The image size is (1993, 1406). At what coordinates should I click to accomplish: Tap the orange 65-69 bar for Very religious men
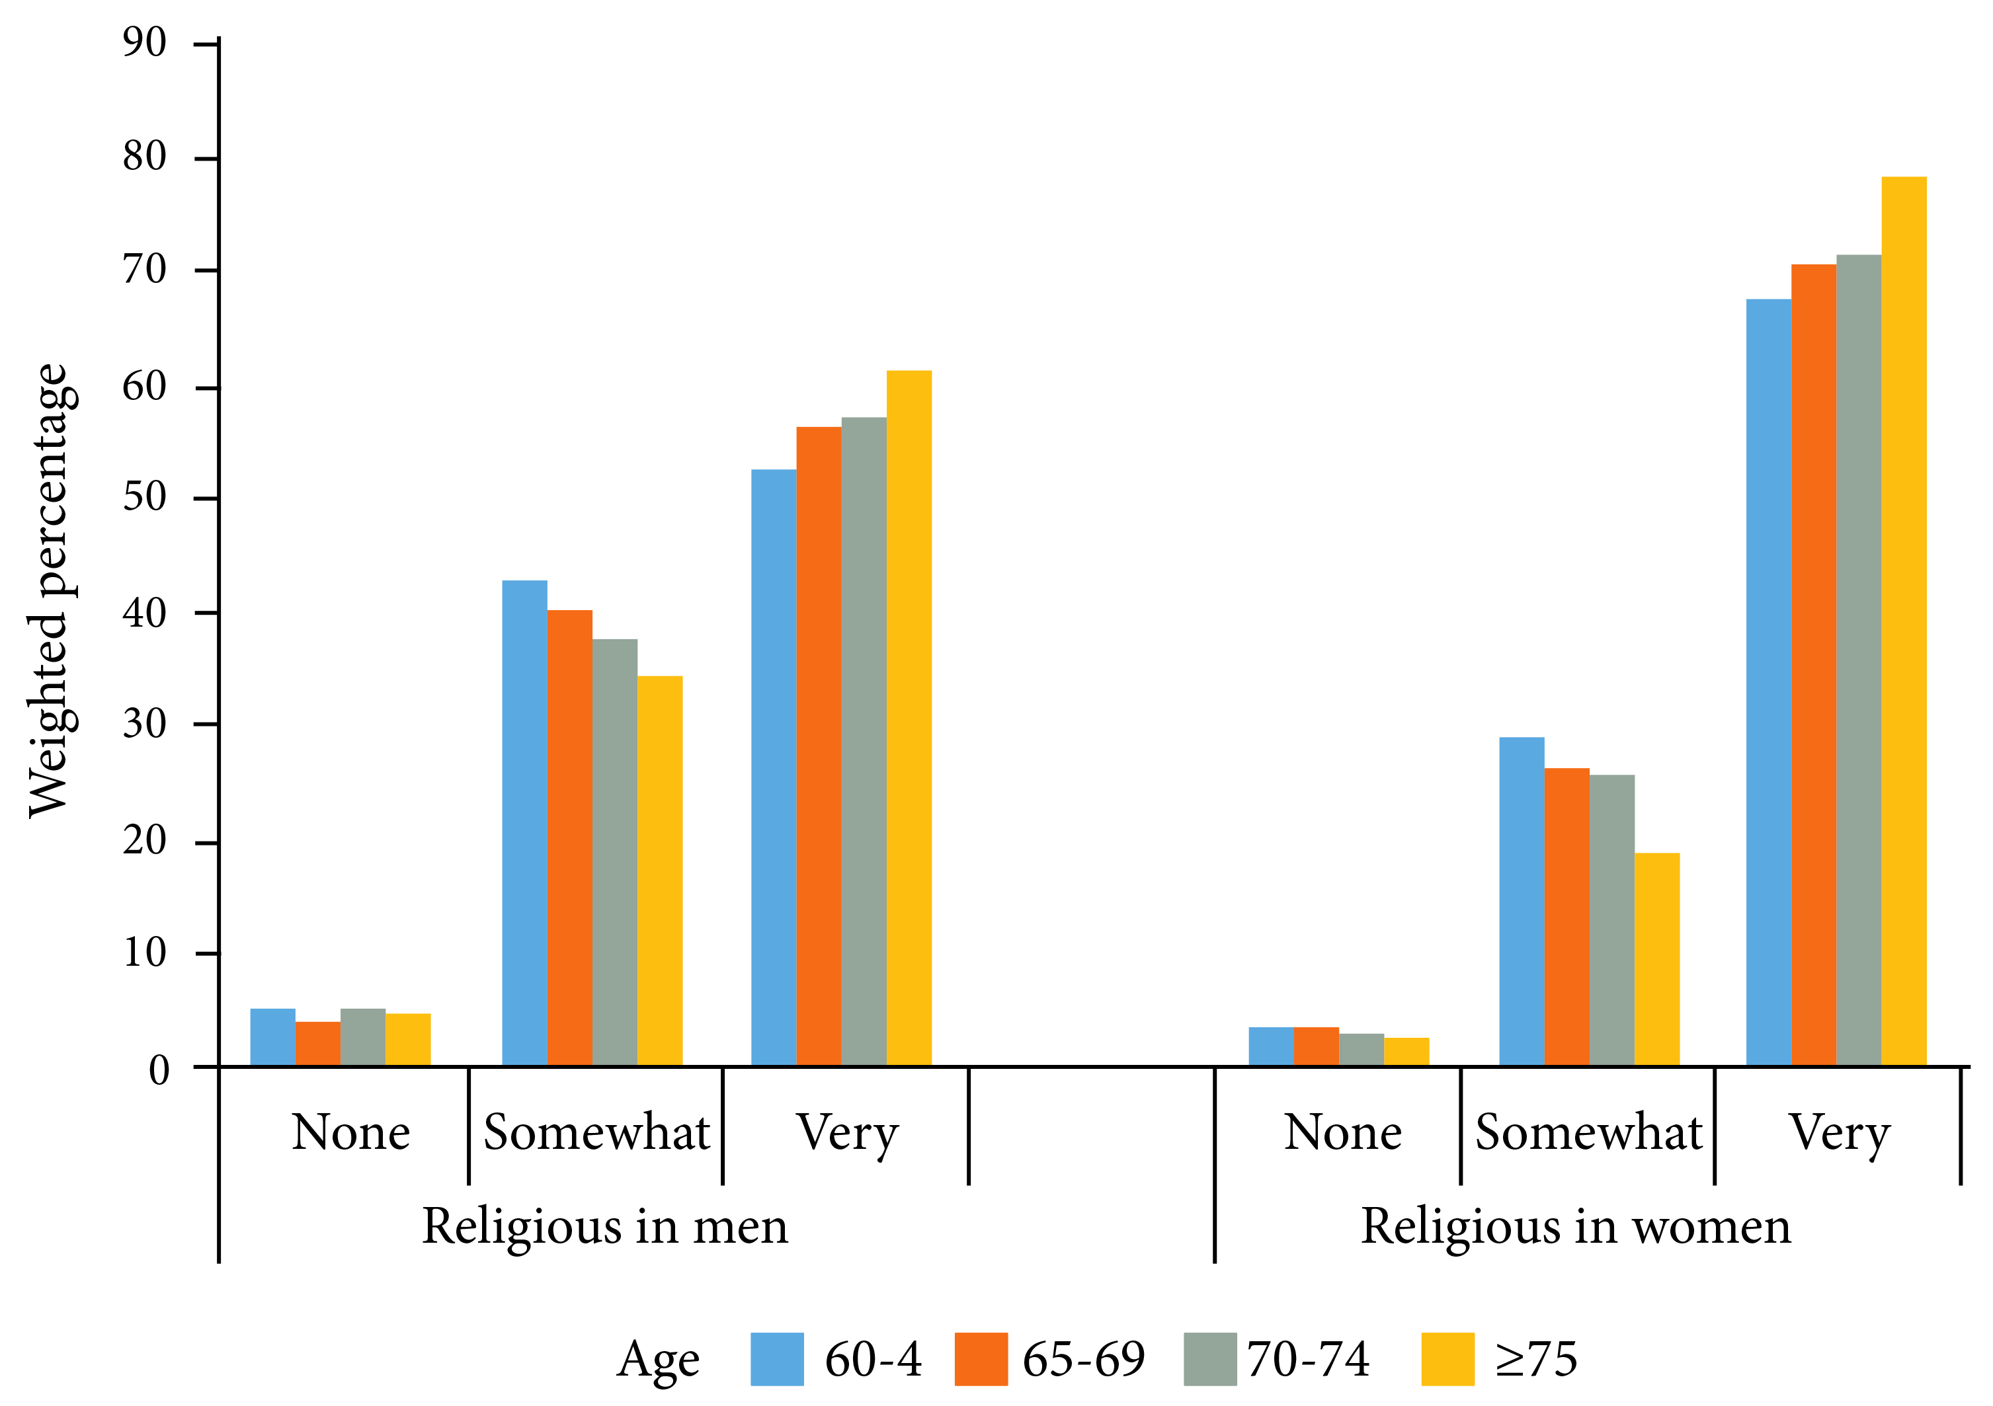click(818, 746)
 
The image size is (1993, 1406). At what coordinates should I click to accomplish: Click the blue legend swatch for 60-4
click(777, 1358)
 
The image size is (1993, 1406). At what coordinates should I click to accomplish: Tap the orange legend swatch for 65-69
click(981, 1358)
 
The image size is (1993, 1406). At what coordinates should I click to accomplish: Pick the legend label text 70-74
click(1308, 1359)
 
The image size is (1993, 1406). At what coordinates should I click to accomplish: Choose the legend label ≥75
click(1535, 1359)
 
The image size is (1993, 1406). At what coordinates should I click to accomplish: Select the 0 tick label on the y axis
click(159, 1070)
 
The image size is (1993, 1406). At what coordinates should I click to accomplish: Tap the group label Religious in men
click(605, 1226)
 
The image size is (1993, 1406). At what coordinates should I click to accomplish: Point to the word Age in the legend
click(658, 1360)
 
